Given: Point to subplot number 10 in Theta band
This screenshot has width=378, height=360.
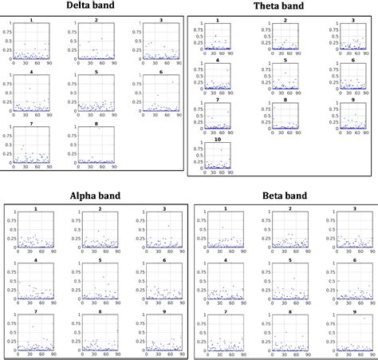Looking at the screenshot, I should pyautogui.click(x=215, y=156).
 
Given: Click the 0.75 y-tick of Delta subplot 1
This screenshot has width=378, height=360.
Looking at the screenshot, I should pyautogui.click(x=6, y=30).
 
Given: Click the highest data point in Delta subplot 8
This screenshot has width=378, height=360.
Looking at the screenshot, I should pyautogui.click(x=99, y=128).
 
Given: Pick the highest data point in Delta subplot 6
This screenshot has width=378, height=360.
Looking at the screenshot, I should pyautogui.click(x=172, y=81).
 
